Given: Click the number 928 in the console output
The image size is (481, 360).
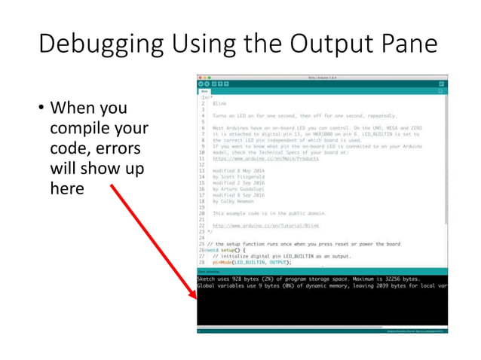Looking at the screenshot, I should click(x=237, y=279).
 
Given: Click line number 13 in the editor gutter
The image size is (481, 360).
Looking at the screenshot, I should click(x=204, y=172).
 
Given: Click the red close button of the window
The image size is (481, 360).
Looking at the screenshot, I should click(x=200, y=77).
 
